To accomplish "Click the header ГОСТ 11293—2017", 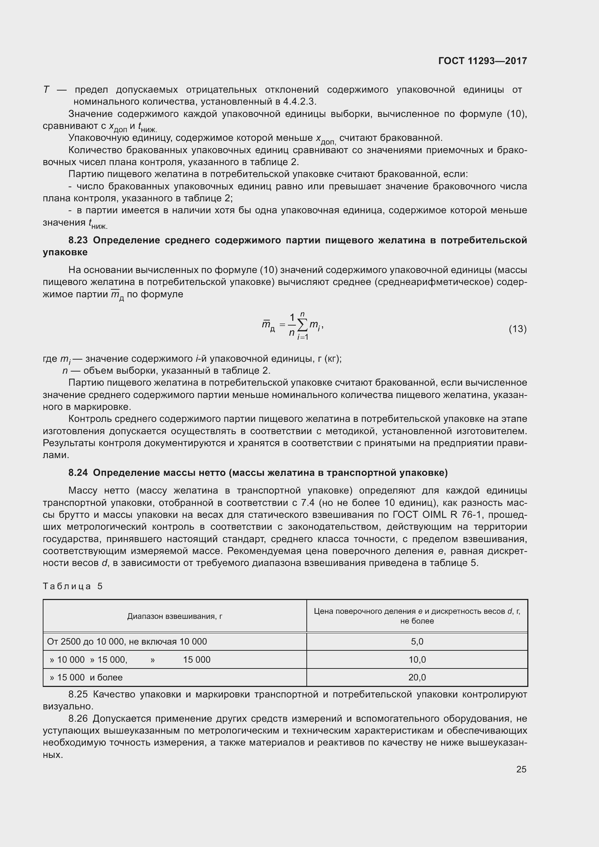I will pyautogui.click(x=482, y=61).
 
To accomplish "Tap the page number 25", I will pyautogui.click(x=521, y=769).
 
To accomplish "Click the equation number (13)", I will pyautogui.click(x=518, y=329).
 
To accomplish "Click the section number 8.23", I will pyautogui.click(x=78, y=240).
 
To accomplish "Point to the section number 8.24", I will pyautogui.click(x=78, y=473).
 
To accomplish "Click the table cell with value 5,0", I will pyautogui.click(x=417, y=642).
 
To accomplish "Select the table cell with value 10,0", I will pyautogui.click(x=417, y=659).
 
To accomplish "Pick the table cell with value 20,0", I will pyautogui.click(x=417, y=677).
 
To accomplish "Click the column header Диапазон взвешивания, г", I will pyautogui.click(x=175, y=616).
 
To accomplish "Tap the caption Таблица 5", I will pyautogui.click(x=73, y=586).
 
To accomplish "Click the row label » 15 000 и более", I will pyautogui.click(x=86, y=677).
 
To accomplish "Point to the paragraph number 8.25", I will pyautogui.click(x=78, y=694).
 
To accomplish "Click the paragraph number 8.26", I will pyautogui.click(x=78, y=718).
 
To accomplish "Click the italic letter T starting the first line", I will pyautogui.click(x=46, y=90).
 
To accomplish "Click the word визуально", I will pyautogui.click(x=68, y=706).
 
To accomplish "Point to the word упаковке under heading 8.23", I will pyautogui.click(x=65, y=252).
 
